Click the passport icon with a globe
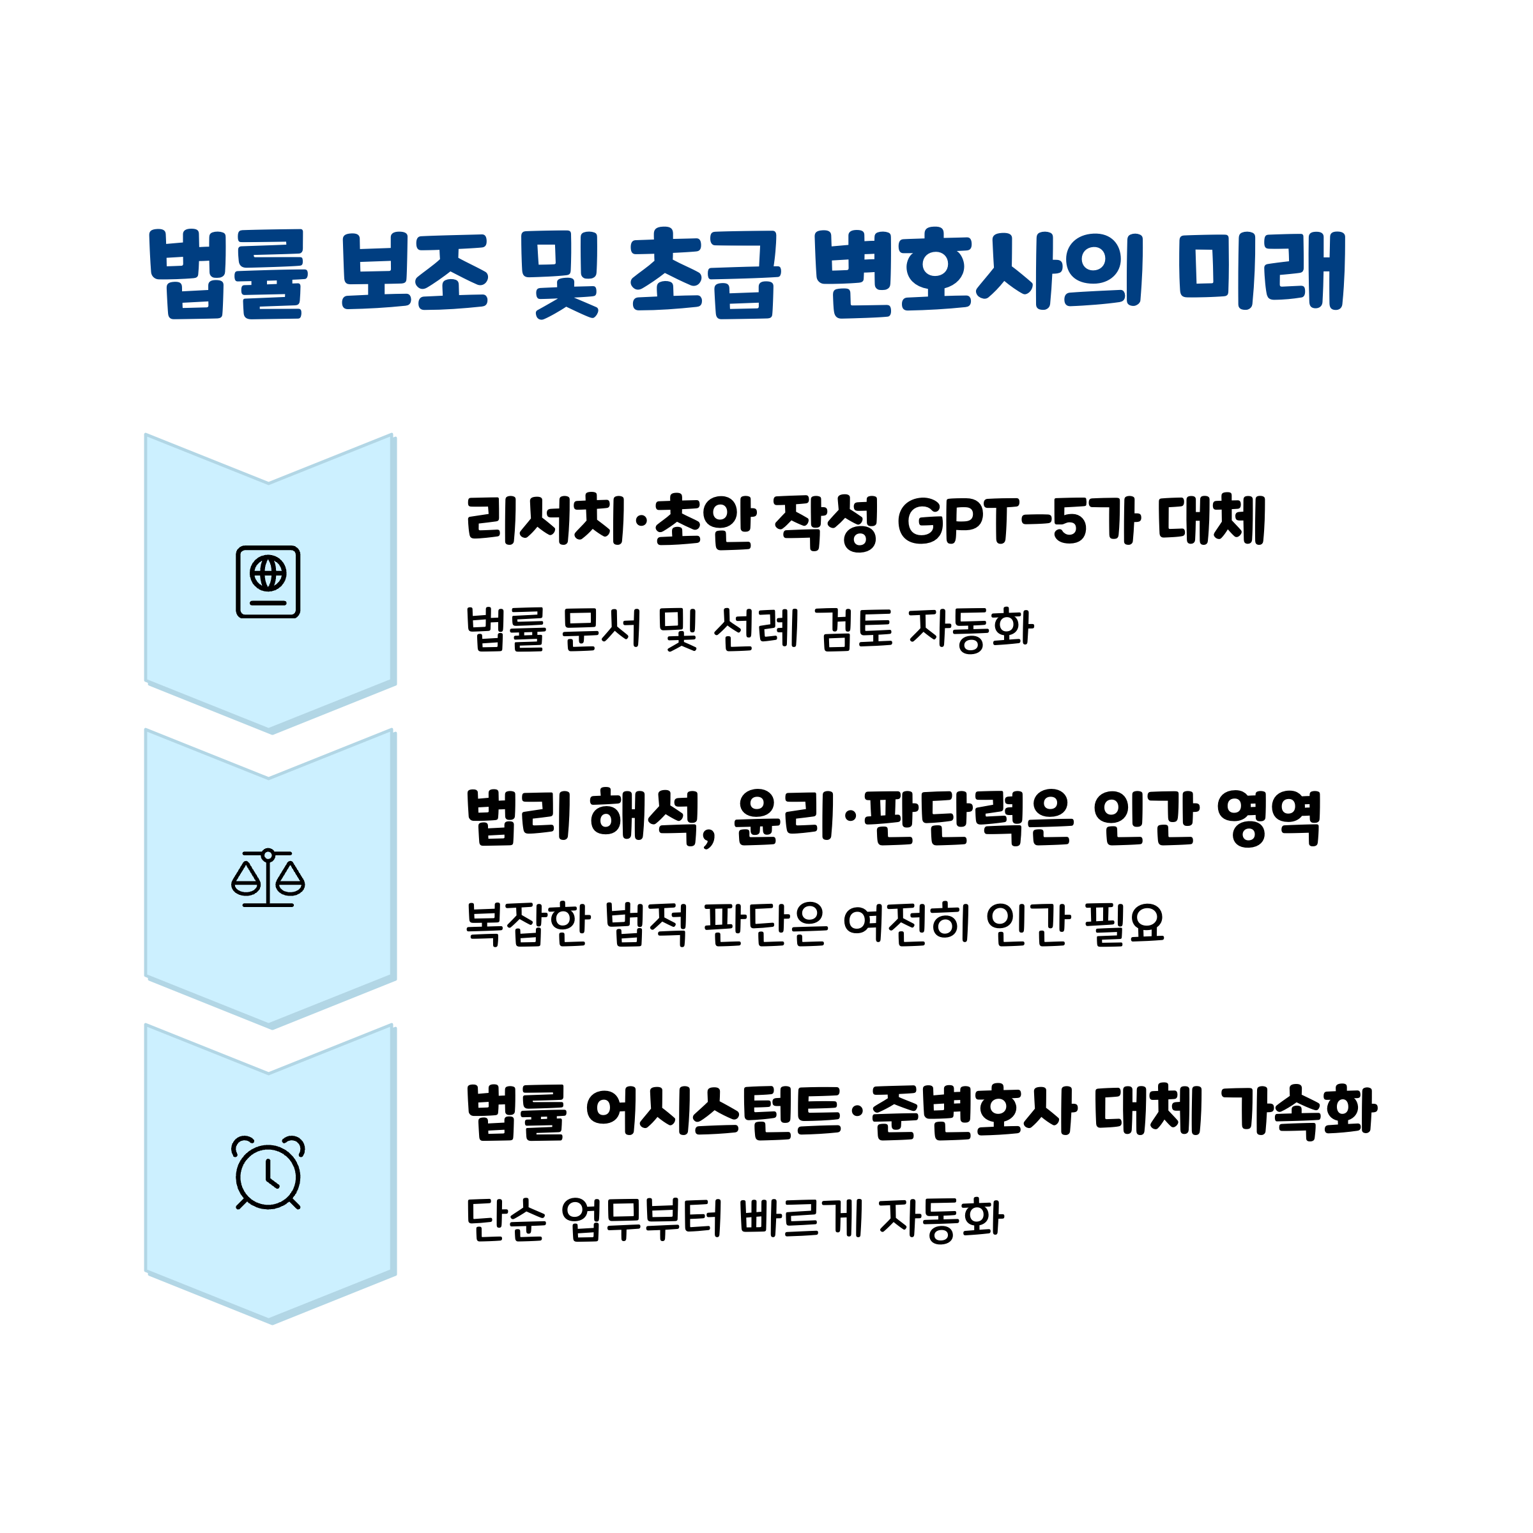268,582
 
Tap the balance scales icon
268,878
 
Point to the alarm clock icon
268,1173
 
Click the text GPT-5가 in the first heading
1019,521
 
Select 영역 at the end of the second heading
1269,818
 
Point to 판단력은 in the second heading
968,818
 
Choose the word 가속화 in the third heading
1299,1111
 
